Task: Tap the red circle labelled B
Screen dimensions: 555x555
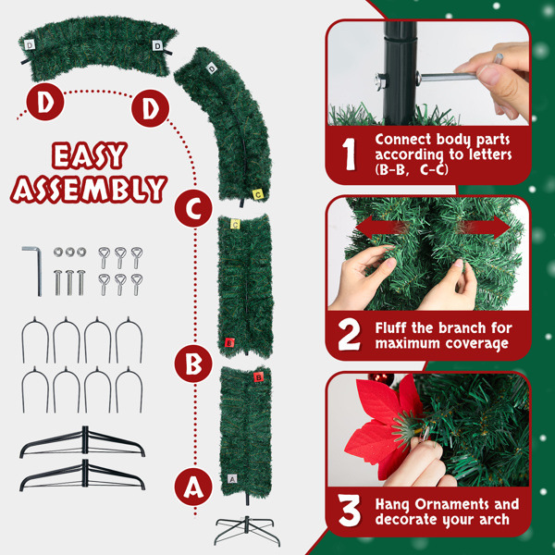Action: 192,364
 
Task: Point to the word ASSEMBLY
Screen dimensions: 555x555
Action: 89,189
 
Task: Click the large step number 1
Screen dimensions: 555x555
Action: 349,154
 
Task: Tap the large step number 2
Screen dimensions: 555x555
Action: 349,336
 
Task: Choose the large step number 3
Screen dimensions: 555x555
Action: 349,512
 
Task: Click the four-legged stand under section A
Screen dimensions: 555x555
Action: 246,530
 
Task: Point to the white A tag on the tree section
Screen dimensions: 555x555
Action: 231,478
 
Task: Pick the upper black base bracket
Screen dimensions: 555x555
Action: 82,444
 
